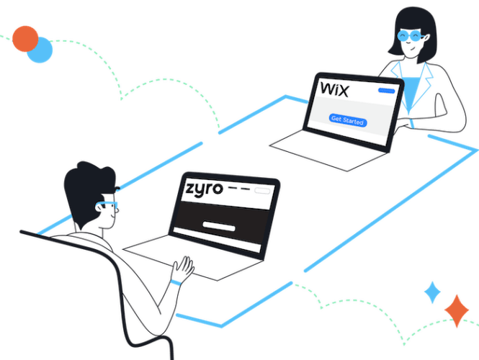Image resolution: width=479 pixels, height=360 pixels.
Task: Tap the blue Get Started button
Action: point(348,120)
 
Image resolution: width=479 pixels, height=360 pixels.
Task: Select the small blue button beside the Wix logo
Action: point(388,91)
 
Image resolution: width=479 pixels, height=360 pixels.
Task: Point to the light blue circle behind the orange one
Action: point(43,50)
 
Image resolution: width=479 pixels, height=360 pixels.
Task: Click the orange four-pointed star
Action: point(456,310)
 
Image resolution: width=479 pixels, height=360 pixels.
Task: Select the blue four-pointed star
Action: point(432,293)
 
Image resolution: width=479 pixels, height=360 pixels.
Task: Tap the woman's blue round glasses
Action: point(408,35)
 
